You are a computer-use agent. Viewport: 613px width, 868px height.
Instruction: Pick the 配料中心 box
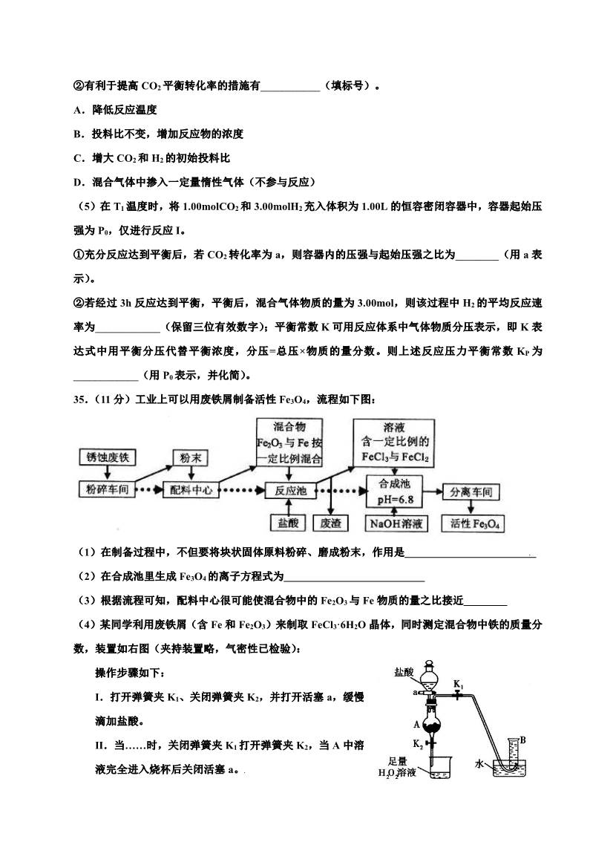(x=191, y=490)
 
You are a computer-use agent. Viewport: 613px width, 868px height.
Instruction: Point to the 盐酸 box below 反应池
(x=287, y=523)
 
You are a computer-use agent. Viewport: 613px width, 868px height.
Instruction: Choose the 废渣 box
(x=330, y=523)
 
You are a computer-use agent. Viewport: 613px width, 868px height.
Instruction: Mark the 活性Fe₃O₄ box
(x=475, y=523)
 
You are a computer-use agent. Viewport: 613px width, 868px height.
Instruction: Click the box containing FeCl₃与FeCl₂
(x=394, y=443)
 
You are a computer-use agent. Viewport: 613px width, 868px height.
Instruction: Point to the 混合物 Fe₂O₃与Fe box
(x=289, y=443)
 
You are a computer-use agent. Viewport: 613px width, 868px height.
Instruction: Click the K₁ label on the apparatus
(x=459, y=683)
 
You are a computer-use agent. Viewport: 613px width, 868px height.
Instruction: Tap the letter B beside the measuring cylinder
(x=523, y=740)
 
